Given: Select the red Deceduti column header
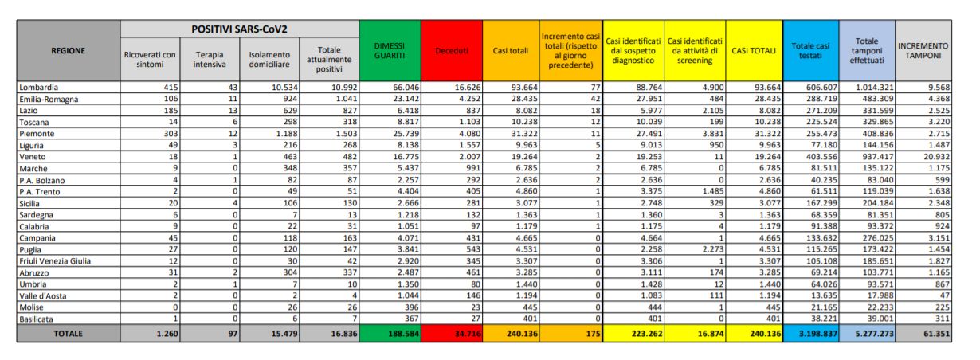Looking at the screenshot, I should coord(451,51).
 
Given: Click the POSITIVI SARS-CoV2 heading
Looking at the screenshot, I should coord(239,29).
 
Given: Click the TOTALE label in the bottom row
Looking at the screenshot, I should coord(68,333).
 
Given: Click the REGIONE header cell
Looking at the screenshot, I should coord(68,51).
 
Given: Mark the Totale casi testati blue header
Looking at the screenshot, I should coord(810,51).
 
